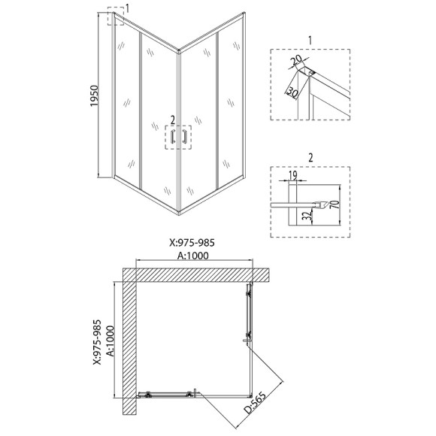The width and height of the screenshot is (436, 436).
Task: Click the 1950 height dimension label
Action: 95,95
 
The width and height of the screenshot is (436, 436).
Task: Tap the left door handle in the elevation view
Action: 173,137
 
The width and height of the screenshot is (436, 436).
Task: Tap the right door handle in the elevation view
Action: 184,137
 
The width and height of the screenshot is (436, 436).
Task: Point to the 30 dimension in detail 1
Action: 292,92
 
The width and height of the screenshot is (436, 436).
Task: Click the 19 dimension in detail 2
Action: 293,175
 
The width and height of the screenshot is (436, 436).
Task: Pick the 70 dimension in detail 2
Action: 336,204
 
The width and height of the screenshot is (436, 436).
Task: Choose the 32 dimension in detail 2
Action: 306,215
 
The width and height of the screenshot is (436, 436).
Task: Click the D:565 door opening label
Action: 255,402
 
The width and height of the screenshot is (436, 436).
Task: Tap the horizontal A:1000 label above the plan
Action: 193,256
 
